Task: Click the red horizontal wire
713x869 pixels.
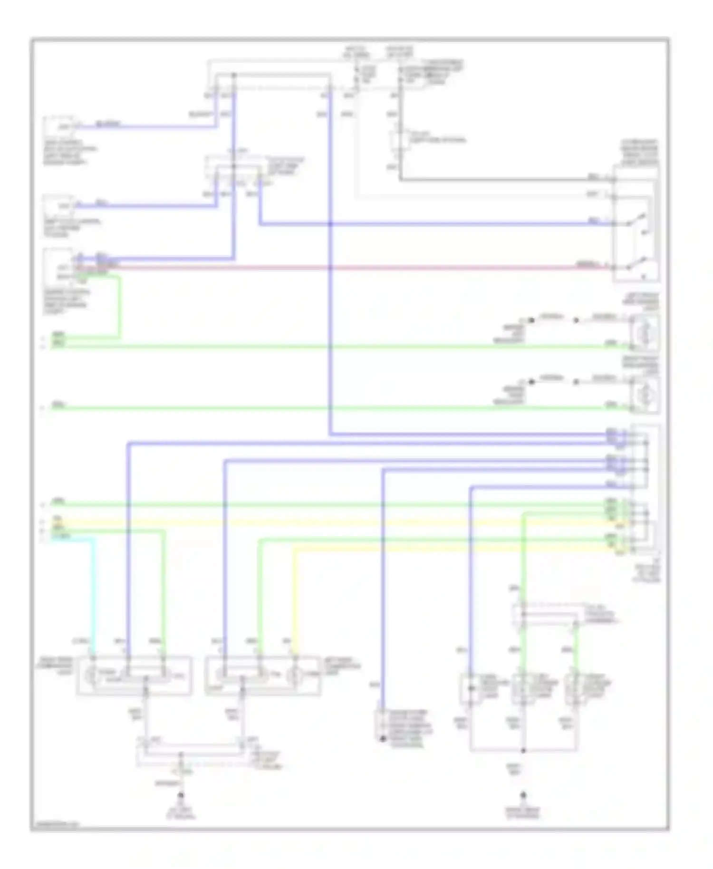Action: coord(333,268)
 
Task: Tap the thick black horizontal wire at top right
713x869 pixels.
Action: coord(499,180)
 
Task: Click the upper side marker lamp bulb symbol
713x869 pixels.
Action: coord(645,333)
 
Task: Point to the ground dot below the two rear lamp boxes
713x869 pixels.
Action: coord(181,795)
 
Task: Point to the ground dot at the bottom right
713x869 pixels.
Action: coord(523,795)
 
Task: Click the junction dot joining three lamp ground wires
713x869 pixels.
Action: coord(523,751)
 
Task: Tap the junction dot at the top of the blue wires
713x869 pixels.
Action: coord(233,75)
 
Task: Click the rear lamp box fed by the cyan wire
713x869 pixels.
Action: coord(134,676)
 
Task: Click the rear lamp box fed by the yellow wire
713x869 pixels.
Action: coord(263,676)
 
